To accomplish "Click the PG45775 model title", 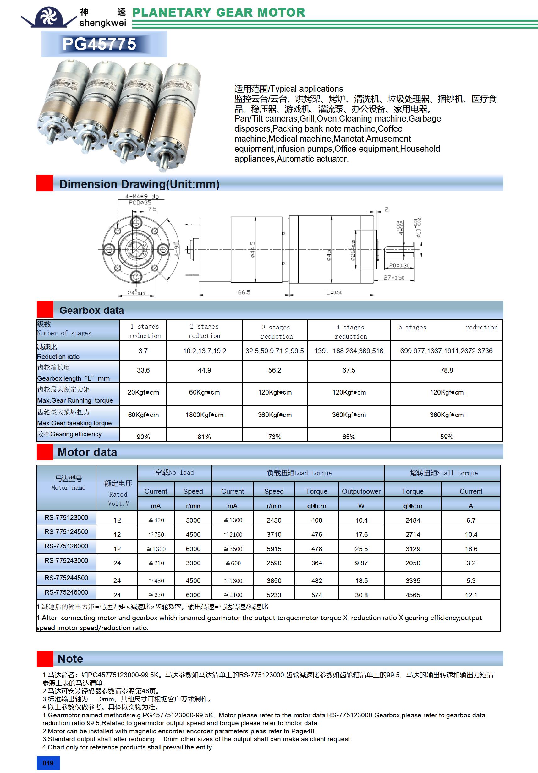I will coord(99,44).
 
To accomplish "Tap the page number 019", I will coord(48,763).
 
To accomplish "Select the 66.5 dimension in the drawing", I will coord(244,292).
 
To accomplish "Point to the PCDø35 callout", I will coord(140,203).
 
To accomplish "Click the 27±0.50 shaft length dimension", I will coord(394,278).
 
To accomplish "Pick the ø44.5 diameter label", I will coord(252,249).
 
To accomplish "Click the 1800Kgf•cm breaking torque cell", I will coord(204,415).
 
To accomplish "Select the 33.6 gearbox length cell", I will coord(143,370).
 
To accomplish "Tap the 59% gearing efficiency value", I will coord(446,437).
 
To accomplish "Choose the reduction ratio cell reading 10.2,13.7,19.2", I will coord(205,351).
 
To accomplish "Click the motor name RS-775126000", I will coord(66,546).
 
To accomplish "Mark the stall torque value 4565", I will coord(413,595).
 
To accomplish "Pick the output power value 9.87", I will coord(361,563).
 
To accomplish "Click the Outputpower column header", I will coord(361,491).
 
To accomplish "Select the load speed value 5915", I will coord(274,549).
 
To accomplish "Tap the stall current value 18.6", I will coord(471,549).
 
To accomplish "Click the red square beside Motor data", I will coord(45,452).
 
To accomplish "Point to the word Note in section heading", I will coord(70,659).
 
